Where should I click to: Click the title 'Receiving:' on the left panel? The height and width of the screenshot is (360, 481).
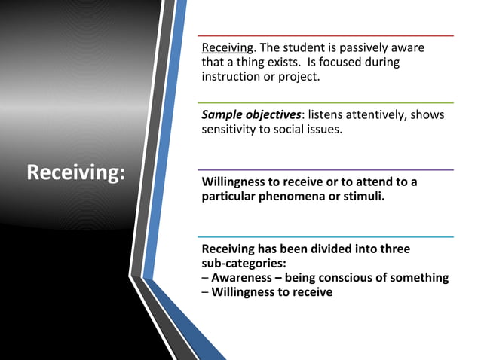click(x=75, y=173)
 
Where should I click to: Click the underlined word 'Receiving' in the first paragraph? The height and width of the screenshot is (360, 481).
click(x=228, y=48)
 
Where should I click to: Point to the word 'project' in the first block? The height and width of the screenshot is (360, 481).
click(x=299, y=77)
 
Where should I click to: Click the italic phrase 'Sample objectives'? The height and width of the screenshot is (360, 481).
click(x=251, y=114)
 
